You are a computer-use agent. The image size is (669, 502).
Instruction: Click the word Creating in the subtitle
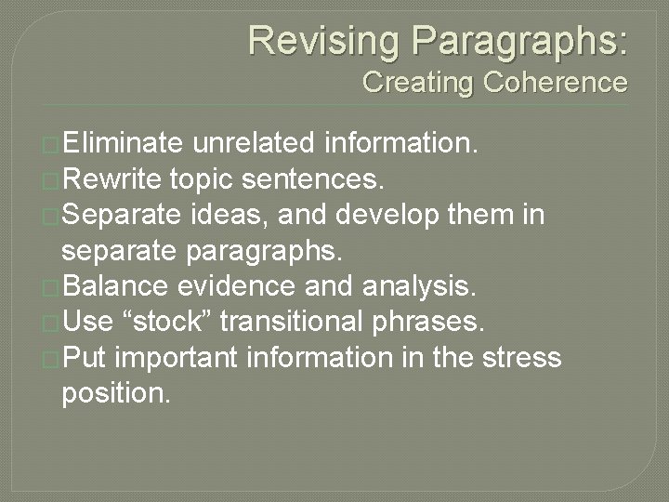[x=419, y=83]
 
